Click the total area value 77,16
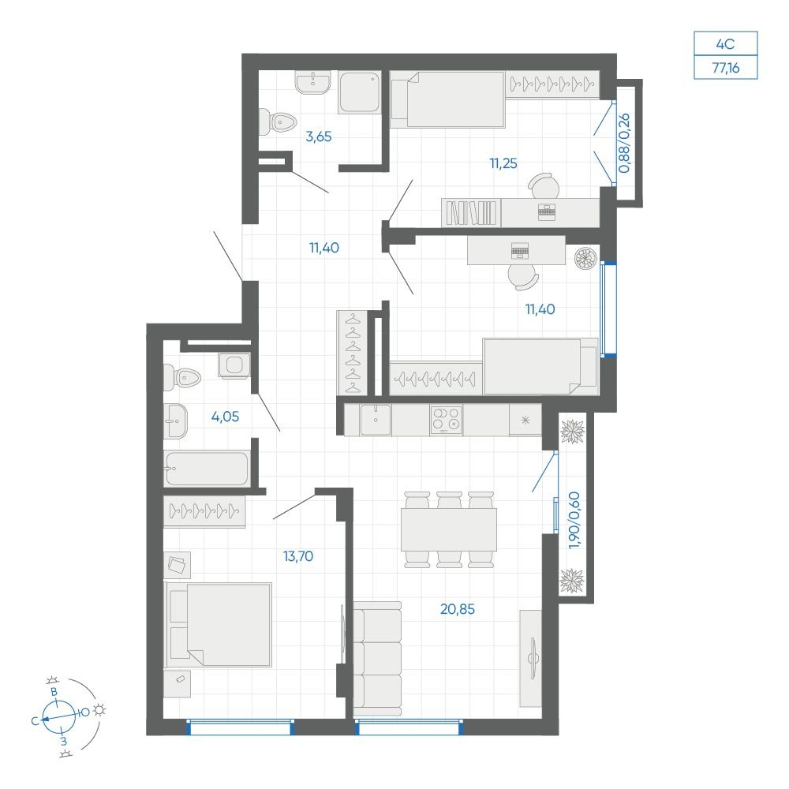tap(726, 67)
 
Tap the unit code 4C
tap(725, 44)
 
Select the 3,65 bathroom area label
tap(319, 136)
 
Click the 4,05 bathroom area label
tap(225, 417)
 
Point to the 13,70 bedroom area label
tap(298, 556)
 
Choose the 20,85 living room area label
tap(458, 609)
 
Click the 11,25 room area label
tap(503, 163)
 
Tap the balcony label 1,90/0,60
tap(574, 520)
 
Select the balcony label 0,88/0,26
tap(624, 144)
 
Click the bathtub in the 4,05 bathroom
tap(207, 469)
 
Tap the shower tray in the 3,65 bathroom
tap(359, 92)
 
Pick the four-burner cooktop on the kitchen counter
tap(447, 420)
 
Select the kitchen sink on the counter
tap(376, 420)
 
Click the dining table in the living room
tap(449, 529)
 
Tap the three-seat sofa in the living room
tap(377, 659)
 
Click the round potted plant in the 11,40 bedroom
tap(586, 258)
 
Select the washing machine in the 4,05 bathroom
tap(234, 365)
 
